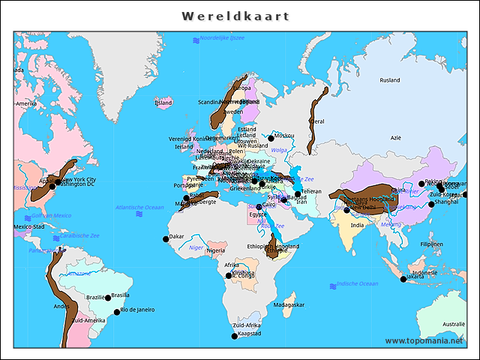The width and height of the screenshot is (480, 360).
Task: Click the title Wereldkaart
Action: coord(235,16)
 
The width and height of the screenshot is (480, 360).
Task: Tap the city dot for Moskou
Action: coord(271,138)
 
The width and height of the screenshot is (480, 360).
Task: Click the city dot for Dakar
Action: coord(166,239)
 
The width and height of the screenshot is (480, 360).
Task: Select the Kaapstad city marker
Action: coord(234,336)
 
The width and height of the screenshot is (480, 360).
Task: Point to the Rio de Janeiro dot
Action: coord(116,312)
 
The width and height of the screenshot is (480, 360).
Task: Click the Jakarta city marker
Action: coord(403,279)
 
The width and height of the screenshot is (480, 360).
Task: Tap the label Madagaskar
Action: coord(289,305)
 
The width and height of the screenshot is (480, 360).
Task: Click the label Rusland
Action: coord(389,80)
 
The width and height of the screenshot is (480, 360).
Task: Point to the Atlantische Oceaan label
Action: coord(139,207)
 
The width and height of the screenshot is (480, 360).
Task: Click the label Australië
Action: coord(453,324)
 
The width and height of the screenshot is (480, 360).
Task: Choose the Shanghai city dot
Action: coord(431,204)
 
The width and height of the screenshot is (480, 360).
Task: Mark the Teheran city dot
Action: coord(298,194)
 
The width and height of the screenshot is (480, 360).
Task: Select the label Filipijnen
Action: coord(431,244)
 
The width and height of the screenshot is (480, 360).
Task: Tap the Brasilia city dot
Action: coord(106,298)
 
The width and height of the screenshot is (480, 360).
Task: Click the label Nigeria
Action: coord(216,250)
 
